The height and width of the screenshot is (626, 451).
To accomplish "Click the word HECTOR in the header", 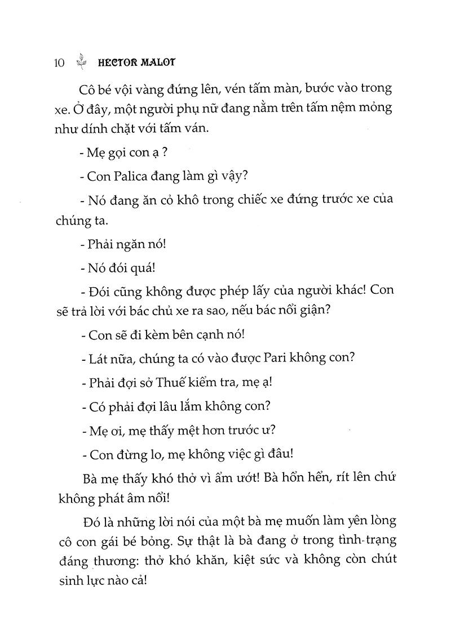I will pos(116,63).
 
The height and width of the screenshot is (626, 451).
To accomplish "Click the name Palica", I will pos(131,175).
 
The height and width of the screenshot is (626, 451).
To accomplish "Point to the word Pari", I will pos(285,358).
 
